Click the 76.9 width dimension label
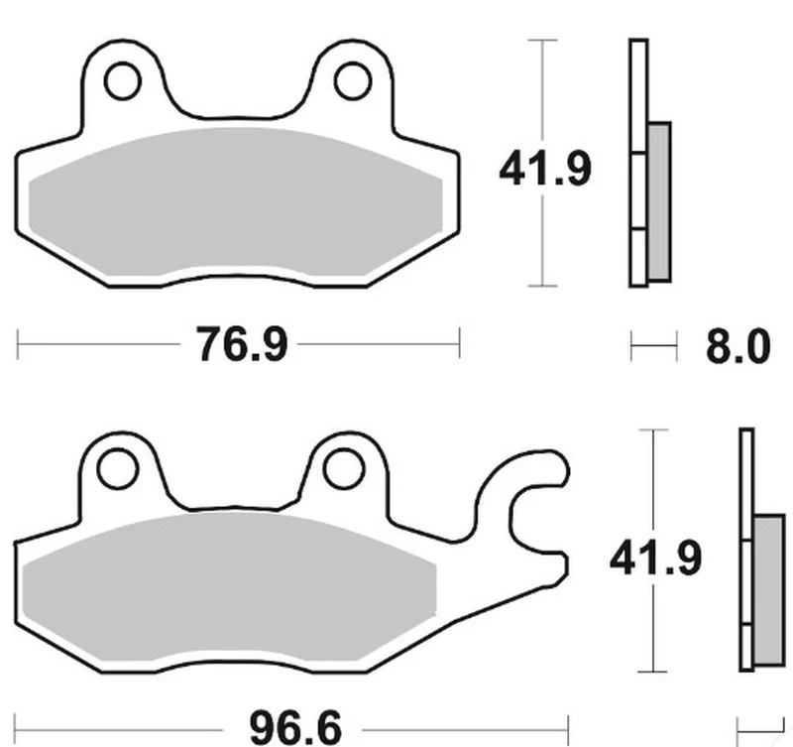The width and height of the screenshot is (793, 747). point(242,344)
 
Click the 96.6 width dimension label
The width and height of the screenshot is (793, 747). point(295,729)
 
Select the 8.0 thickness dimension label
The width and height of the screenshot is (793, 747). point(737,346)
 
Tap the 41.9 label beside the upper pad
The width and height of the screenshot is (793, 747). point(544,167)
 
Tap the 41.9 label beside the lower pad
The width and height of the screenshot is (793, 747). point(655,558)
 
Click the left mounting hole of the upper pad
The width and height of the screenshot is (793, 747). point(122,80)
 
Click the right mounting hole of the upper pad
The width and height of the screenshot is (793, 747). point(353,80)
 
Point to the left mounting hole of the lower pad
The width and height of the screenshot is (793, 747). point(117,467)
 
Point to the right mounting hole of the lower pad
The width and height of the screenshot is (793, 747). point(344,468)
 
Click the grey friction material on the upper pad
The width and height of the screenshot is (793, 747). point(236,202)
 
